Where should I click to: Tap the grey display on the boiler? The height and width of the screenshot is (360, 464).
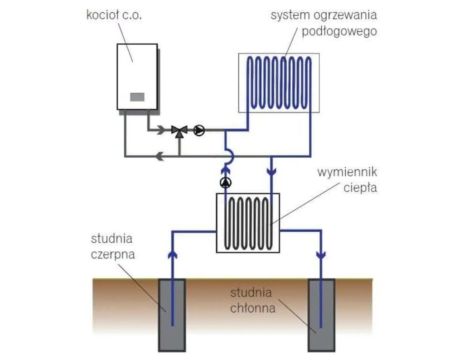[137, 97]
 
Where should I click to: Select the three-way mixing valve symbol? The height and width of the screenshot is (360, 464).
[180, 130]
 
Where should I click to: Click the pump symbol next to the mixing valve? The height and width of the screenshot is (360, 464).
[199, 130]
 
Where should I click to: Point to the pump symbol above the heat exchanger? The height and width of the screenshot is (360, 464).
[226, 183]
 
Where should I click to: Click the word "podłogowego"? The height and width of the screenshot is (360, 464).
[340, 32]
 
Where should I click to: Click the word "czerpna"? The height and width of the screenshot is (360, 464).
[113, 254]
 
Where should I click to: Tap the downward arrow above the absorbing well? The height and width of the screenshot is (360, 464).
[321, 255]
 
